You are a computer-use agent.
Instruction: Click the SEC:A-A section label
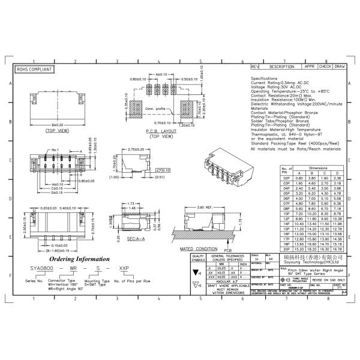(x=135, y=238)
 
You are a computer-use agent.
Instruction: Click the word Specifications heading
(x=264, y=79)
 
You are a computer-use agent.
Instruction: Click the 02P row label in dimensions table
(x=287, y=178)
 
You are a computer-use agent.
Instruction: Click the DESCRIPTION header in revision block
(x=281, y=67)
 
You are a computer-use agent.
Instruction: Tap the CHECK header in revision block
(x=325, y=67)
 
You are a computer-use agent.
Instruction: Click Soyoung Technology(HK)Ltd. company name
(x=314, y=262)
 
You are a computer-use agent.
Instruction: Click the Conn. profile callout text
(x=155, y=109)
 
